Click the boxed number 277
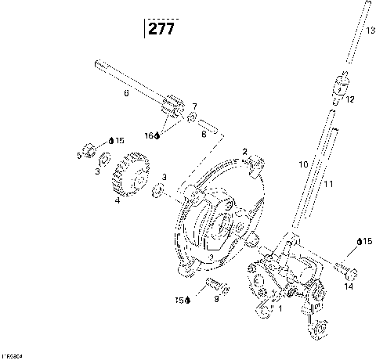(x=160, y=29)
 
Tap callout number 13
(x=371, y=29)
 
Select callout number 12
(x=350, y=99)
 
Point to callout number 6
(x=125, y=93)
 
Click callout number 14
(x=348, y=286)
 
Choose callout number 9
(x=215, y=299)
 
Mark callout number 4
(x=117, y=200)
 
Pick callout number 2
(x=244, y=151)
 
